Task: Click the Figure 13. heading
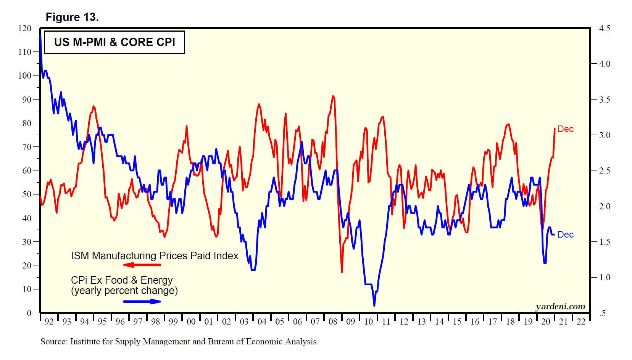tap(72, 17)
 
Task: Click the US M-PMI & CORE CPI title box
tap(114, 42)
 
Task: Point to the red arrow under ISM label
tap(142, 265)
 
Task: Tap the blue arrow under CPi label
tap(142, 302)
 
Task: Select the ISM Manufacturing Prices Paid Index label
tap(155, 256)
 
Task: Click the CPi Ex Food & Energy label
tap(122, 280)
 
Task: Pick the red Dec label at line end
tap(565, 129)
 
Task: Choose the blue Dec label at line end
tap(565, 235)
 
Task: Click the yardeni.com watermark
tap(560, 307)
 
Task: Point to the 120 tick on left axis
tap(25, 28)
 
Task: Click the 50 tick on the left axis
tap(27, 194)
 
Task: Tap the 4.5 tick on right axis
tap(605, 28)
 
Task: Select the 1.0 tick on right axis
tap(605, 278)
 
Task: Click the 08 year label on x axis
tap(333, 321)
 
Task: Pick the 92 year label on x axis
tap(49, 321)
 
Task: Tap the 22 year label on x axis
tap(581, 321)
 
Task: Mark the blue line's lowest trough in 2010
tap(374, 305)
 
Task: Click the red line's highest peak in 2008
tap(333, 96)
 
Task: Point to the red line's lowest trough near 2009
tap(342, 272)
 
